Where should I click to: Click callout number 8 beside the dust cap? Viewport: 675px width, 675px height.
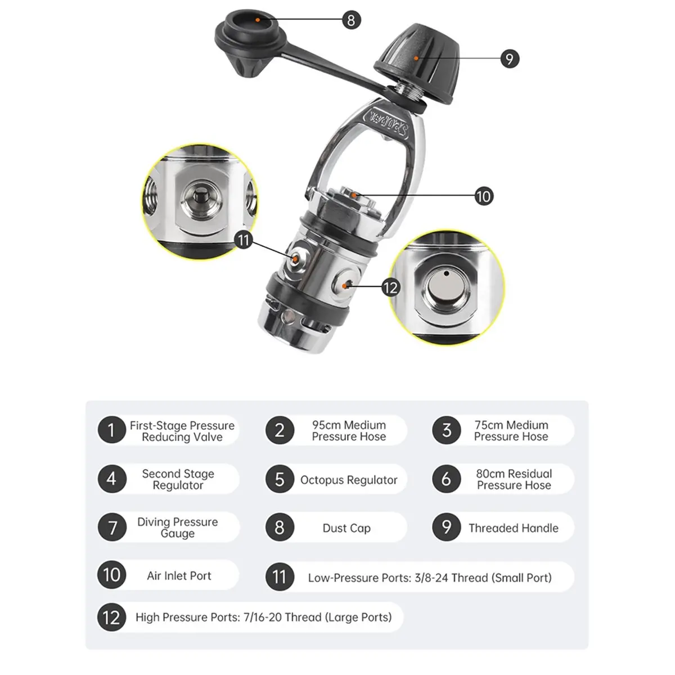352,20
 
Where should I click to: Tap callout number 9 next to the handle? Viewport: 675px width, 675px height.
510,58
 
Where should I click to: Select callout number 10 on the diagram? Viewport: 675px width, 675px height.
484,196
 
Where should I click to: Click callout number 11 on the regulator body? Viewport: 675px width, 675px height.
244,240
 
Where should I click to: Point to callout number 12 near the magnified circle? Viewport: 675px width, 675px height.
390,287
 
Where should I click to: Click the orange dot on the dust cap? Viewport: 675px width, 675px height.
258,20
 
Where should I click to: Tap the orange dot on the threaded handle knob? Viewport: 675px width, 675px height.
416,58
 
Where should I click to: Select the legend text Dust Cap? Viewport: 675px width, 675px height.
346,528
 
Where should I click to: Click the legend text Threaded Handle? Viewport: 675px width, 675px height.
514,528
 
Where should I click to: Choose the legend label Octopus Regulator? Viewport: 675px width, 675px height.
349,480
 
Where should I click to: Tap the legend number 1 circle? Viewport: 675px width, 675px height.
112,430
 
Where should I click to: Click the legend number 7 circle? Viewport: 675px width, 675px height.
112,527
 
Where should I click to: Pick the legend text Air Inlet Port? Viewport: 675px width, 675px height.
179,575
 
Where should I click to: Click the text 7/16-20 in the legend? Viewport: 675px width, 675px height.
263,617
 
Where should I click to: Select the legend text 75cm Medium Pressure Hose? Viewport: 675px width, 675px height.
511,430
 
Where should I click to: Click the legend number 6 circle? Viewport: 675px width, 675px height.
447,479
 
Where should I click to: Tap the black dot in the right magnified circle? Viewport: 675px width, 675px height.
446,273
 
